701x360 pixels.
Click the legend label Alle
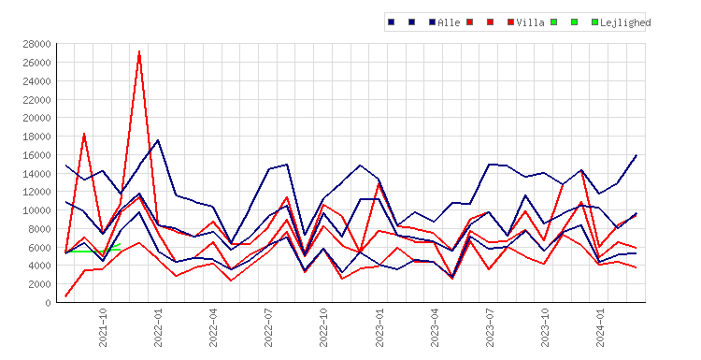[449, 22]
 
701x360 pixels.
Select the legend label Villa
[530, 22]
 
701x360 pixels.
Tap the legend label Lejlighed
[625, 22]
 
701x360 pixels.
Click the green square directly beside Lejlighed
[594, 22]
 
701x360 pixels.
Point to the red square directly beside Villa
[510, 22]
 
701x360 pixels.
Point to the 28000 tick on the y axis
[37, 44]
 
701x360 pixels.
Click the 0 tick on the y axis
[48, 303]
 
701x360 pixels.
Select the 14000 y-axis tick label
[37, 174]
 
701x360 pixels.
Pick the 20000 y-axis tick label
[37, 118]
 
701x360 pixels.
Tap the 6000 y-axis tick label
[40, 247]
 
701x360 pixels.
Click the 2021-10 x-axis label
[103, 327]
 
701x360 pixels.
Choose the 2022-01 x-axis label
[158, 327]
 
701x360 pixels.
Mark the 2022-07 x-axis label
[268, 327]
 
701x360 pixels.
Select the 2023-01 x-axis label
[379, 327]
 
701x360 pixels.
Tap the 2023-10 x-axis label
[545, 327]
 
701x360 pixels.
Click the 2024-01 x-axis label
[600, 327]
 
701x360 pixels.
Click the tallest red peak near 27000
[139, 51]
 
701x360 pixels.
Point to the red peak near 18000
[84, 134]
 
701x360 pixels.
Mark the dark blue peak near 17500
[158, 140]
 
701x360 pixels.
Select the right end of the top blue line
[637, 155]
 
